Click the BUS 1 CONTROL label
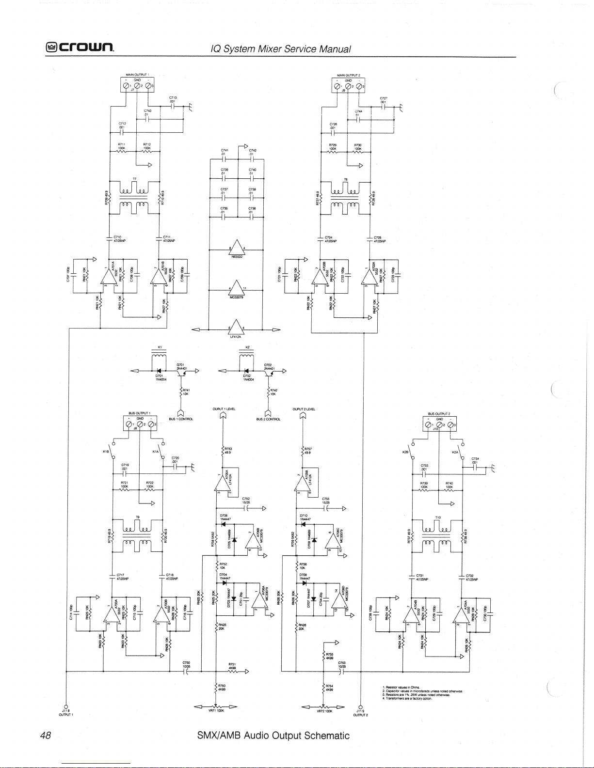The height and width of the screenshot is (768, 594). click(x=181, y=419)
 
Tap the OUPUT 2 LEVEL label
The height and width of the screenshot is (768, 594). click(x=304, y=409)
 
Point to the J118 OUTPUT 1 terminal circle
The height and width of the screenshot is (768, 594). click(x=66, y=705)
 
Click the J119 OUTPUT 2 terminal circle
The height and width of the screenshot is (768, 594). click(x=360, y=706)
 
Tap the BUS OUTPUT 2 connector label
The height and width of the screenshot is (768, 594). click(x=439, y=414)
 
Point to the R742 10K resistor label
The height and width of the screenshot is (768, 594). click(x=273, y=392)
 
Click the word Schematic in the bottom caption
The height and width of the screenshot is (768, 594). click(x=326, y=736)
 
